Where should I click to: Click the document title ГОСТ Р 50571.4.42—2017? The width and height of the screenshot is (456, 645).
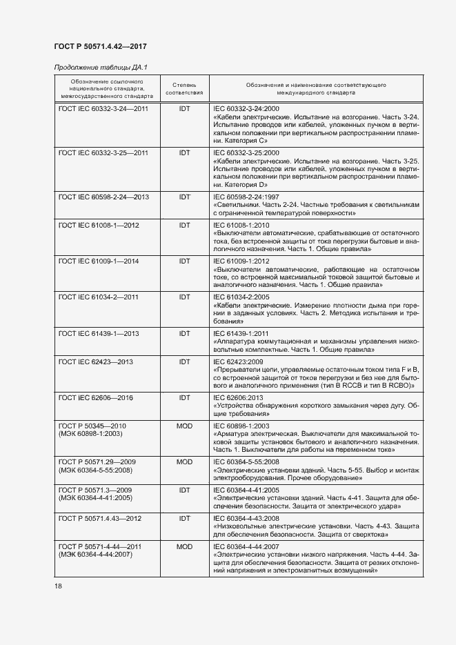click(100, 47)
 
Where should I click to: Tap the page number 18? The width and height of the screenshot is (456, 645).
click(58, 586)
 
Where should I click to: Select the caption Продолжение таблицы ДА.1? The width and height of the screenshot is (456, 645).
click(101, 67)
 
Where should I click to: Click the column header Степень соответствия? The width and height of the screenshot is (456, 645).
click(184, 88)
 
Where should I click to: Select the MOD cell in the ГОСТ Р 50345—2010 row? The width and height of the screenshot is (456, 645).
click(184, 426)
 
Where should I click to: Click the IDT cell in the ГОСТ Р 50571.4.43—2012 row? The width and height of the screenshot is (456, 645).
click(184, 518)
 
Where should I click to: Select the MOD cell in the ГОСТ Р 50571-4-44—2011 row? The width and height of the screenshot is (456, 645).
click(184, 546)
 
